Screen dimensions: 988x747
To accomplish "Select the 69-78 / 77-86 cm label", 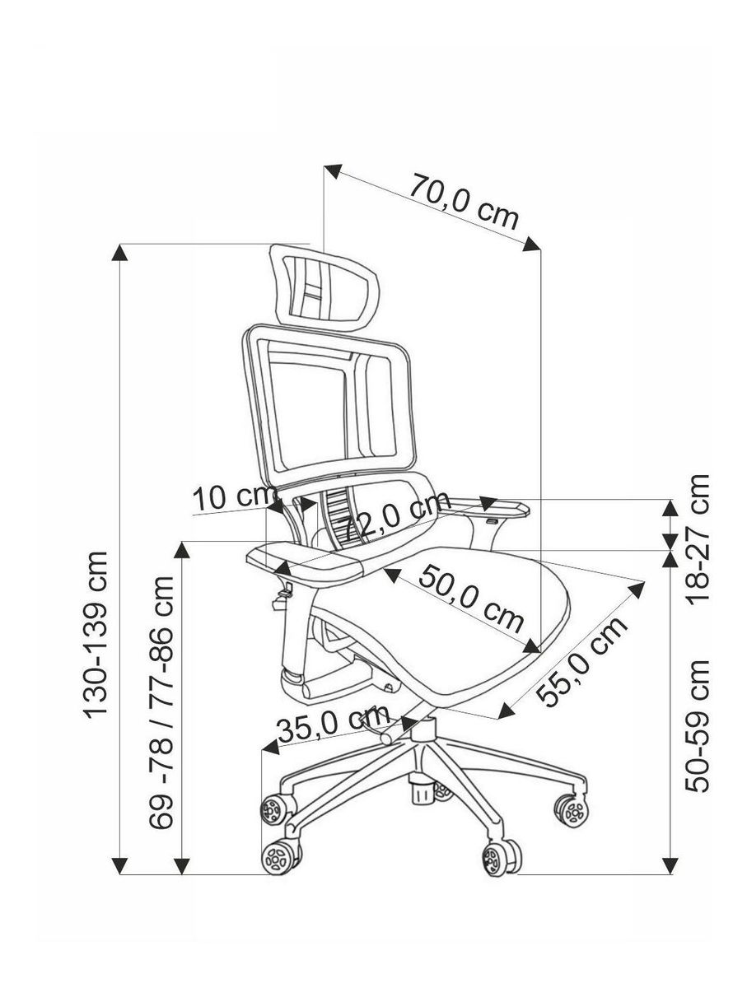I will (x=162, y=702).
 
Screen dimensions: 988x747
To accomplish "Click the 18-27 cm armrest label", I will (x=699, y=538).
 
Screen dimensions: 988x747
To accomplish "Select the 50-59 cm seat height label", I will (x=699, y=725).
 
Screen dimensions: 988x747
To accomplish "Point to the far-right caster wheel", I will (x=571, y=809).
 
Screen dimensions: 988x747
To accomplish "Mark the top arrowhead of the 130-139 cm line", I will (x=120, y=252).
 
